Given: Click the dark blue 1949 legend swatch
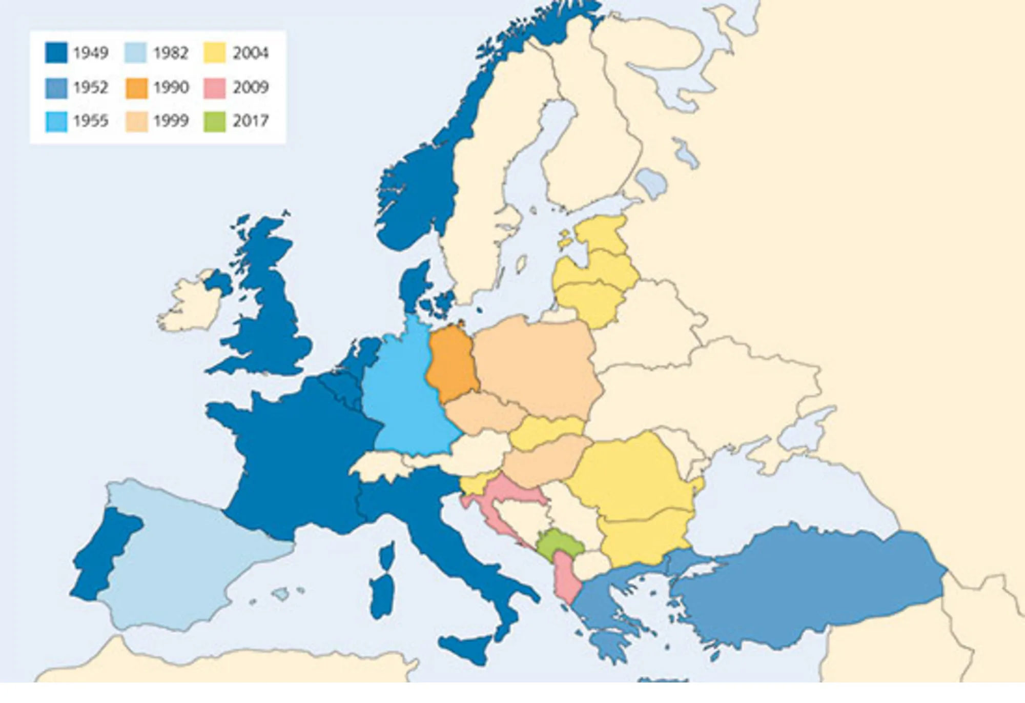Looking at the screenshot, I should coord(56,53).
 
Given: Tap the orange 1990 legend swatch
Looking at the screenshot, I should coord(136,88).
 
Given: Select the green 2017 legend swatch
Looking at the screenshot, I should coord(214,122).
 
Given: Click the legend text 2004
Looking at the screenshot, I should coord(250,53).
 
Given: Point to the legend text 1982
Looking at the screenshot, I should coord(171,53).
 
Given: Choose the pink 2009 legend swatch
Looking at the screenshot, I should coord(214,88).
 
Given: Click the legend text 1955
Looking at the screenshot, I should coord(91,121).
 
